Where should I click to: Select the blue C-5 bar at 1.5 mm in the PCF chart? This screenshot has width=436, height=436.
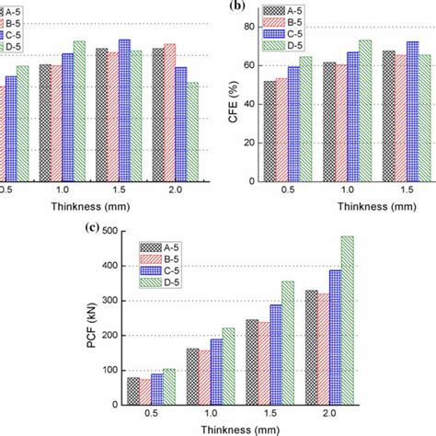point(275,355)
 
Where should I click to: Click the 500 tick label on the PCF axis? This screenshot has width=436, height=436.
point(110,231)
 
